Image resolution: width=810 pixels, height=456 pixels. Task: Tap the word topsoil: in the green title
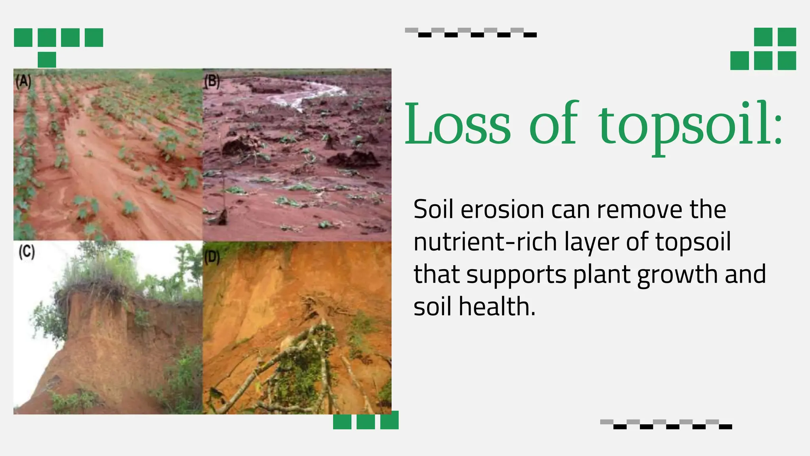690,126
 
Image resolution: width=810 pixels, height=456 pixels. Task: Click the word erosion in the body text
503,210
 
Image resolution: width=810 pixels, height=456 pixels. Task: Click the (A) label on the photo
23,82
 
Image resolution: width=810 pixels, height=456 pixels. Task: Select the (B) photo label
212,82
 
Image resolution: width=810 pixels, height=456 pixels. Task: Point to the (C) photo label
26,252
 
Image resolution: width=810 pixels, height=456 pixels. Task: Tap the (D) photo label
212,258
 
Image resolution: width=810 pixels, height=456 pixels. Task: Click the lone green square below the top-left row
47,60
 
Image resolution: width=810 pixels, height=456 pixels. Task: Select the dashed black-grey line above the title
471,32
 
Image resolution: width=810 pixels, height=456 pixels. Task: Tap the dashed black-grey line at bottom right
666,424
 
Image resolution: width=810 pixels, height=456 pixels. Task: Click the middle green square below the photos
365,422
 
